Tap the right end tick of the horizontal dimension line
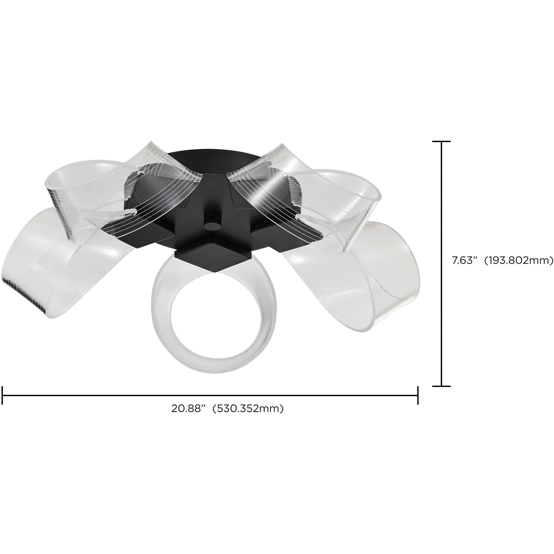(418, 396)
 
